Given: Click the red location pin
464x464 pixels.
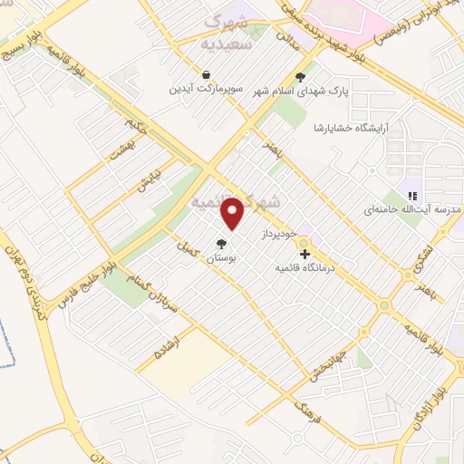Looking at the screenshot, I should click(x=234, y=213).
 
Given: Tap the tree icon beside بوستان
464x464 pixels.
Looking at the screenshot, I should click(x=221, y=243).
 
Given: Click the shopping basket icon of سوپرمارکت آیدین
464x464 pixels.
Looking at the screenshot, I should click(x=208, y=74).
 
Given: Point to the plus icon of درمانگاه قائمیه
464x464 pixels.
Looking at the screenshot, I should click(x=304, y=254).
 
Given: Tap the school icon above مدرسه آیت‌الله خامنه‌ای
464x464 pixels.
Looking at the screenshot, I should click(x=412, y=195).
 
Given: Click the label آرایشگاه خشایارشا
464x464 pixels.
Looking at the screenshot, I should click(x=348, y=128).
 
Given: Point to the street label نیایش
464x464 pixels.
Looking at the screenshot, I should click(x=148, y=179).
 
